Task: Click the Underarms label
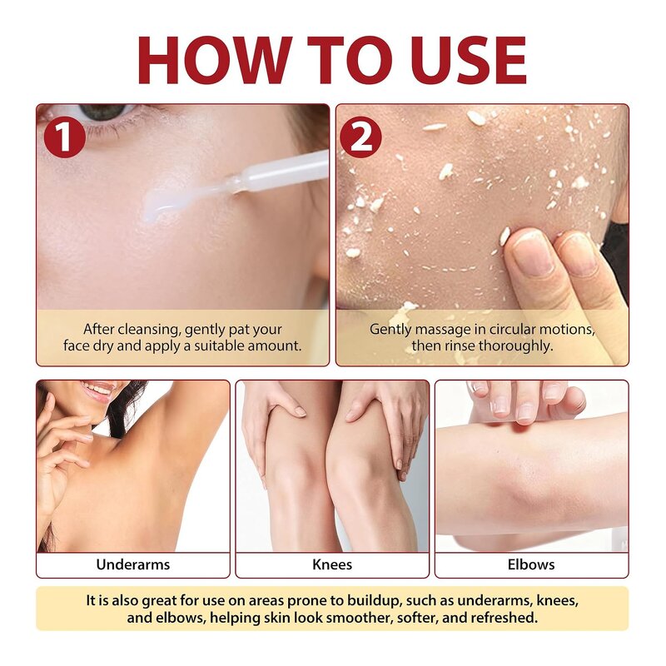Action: (133, 564)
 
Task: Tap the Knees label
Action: (332, 564)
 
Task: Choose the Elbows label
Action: (531, 564)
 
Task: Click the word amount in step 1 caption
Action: (274, 345)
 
